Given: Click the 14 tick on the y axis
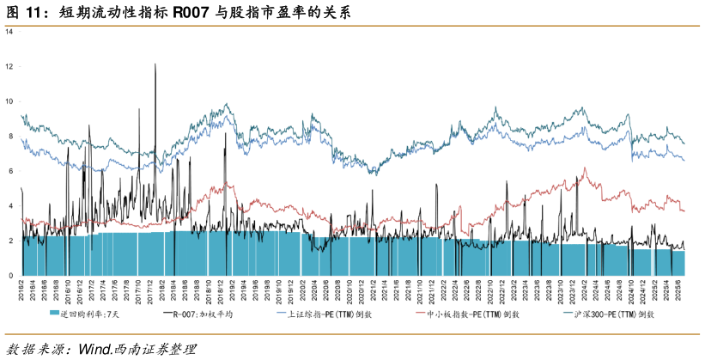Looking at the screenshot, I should pyautogui.click(x=9, y=32).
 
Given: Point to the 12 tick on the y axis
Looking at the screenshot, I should pyautogui.click(x=9, y=66).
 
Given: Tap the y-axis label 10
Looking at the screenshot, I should pyautogui.click(x=9, y=101).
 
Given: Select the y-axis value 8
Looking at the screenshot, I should pyautogui.click(x=9, y=136).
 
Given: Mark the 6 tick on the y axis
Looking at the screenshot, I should pyautogui.click(x=9, y=171).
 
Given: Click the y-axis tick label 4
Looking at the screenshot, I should pyautogui.click(x=9, y=206).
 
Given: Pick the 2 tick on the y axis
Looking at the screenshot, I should pyautogui.click(x=9, y=241).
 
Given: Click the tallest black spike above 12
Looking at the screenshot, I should pyautogui.click(x=155, y=64).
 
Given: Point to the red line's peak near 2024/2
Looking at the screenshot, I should pyautogui.click(x=585, y=168).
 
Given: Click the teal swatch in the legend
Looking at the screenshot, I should pyautogui.click(x=54, y=315).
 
